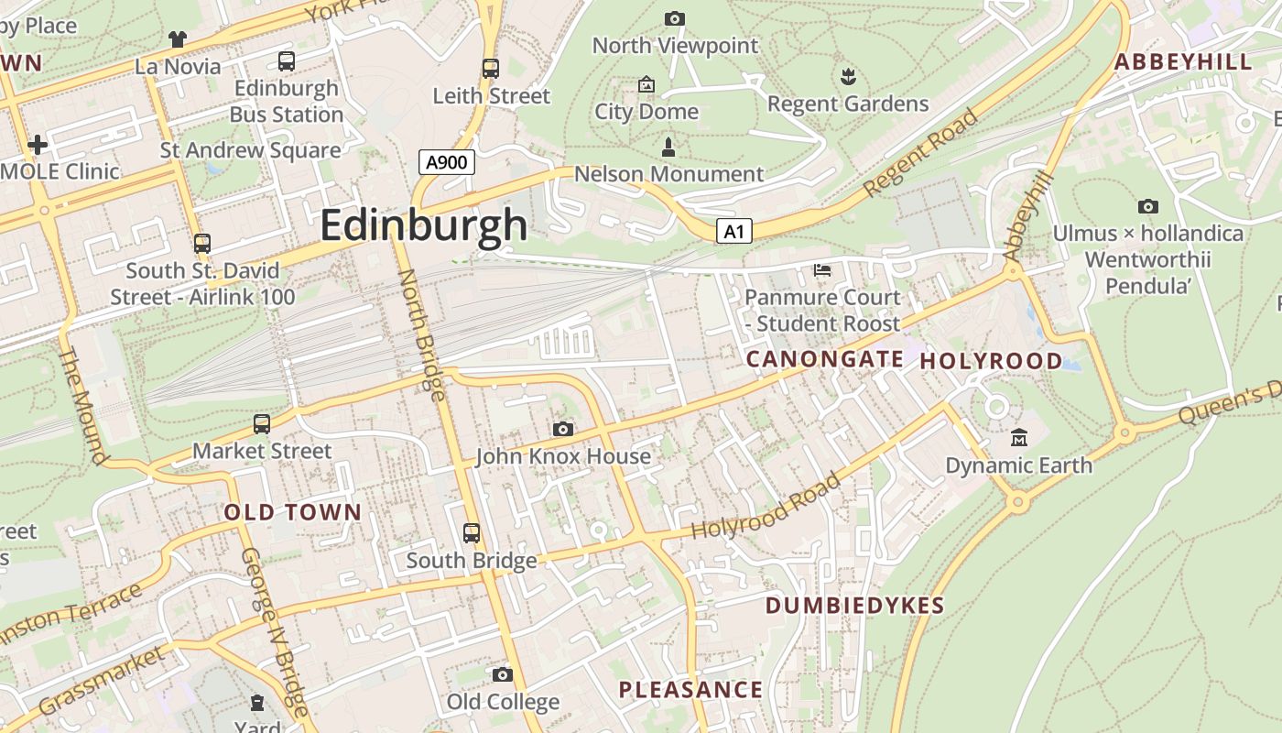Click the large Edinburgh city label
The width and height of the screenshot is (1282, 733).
pyautogui.click(x=424, y=225)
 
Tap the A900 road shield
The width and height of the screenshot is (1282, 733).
pyautogui.click(x=448, y=163)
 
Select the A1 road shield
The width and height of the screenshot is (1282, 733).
pyautogui.click(x=734, y=232)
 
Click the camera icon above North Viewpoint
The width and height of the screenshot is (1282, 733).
pyautogui.click(x=675, y=18)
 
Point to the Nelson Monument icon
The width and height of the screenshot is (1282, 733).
pyautogui.click(x=668, y=147)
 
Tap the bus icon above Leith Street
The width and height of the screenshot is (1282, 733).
pyautogui.click(x=491, y=68)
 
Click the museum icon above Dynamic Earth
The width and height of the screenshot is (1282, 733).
pyautogui.click(x=1018, y=438)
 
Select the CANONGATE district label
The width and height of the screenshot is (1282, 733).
pyautogui.click(x=825, y=359)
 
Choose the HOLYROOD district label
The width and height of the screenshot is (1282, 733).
pyautogui.click(x=991, y=361)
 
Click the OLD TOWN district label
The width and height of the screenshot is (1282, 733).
pyautogui.click(x=293, y=512)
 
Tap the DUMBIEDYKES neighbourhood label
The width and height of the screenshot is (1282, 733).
pyautogui.click(x=854, y=606)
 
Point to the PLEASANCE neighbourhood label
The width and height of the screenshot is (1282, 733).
pyautogui.click(x=690, y=690)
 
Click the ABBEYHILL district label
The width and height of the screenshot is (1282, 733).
pyautogui.click(x=1183, y=62)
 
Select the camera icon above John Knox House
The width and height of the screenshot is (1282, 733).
pyautogui.click(x=563, y=429)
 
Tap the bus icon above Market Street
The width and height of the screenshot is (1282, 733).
pyautogui.click(x=262, y=423)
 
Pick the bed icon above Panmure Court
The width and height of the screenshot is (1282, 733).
pyautogui.click(x=822, y=270)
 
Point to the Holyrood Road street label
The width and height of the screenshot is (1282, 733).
pyautogui.click(x=766, y=507)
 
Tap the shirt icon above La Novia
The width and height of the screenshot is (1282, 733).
pyautogui.click(x=178, y=39)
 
